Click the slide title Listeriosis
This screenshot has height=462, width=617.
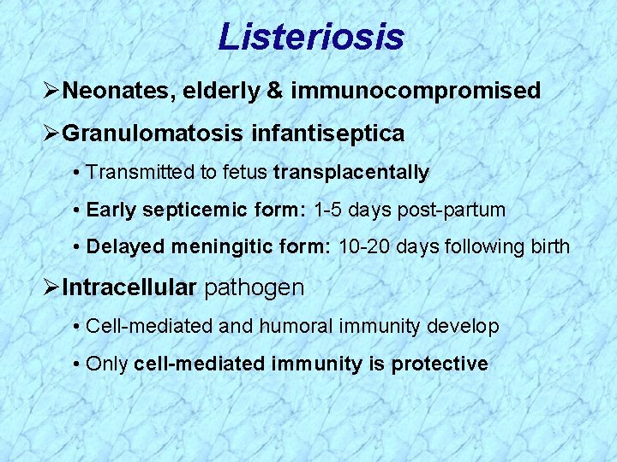(x=310, y=37)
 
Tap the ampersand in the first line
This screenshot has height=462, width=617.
(x=275, y=91)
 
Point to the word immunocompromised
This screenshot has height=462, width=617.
(x=416, y=91)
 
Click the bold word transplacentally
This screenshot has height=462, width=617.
(x=350, y=173)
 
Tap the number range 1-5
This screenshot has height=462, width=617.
(x=329, y=210)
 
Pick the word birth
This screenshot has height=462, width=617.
(x=548, y=247)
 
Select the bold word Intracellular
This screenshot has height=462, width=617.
(x=129, y=287)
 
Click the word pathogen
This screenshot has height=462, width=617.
(x=254, y=287)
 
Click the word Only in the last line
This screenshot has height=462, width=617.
(x=107, y=364)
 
